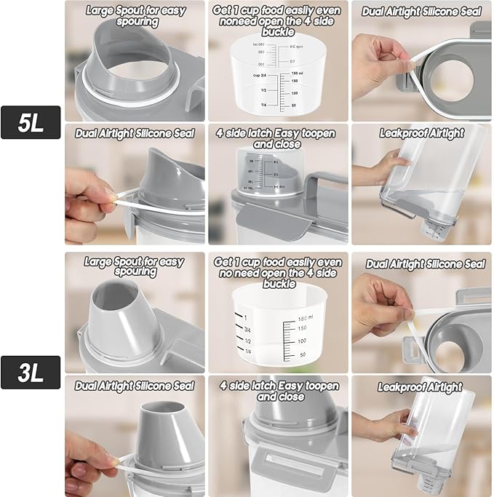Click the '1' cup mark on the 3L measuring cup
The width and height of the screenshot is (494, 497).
point(247,318)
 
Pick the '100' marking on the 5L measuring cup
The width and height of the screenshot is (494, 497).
point(295,93)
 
